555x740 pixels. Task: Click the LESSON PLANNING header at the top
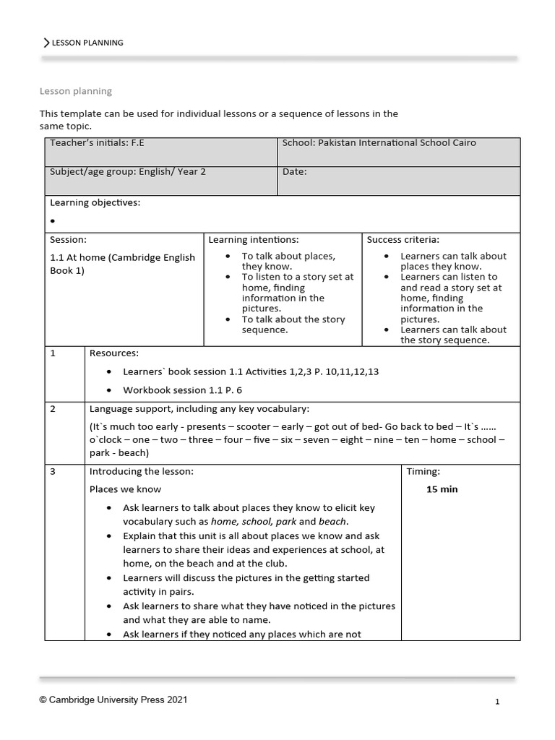point(87,43)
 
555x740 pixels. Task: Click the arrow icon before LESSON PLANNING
point(47,43)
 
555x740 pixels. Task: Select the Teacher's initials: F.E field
point(97,143)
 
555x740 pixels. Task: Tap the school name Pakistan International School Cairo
point(379,143)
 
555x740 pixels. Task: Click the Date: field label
point(295,172)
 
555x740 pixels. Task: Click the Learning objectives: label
point(95,203)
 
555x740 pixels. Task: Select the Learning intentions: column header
point(253,239)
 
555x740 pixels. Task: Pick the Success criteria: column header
point(403,239)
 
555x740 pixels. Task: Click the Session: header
point(68,239)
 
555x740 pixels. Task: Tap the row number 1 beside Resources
point(53,353)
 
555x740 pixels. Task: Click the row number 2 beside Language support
point(53,409)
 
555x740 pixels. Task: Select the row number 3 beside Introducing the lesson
point(53,472)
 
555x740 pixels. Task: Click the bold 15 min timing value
point(442,489)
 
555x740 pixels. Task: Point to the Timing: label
point(423,472)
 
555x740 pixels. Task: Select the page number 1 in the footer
point(497,701)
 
